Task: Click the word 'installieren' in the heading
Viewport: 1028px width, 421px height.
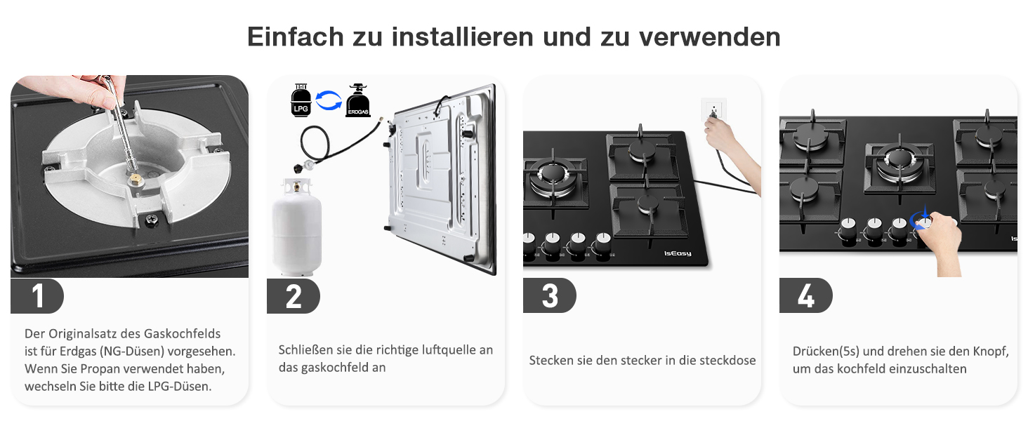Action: coord(462,36)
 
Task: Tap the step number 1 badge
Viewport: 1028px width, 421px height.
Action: coord(37,296)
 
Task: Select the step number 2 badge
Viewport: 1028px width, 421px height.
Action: coord(294,296)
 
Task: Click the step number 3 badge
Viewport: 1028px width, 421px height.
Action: coord(549,296)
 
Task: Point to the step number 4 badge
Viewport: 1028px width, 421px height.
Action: coord(806,296)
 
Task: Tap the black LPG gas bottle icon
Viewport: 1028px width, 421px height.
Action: coord(301,100)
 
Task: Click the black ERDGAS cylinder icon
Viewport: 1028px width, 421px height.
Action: coord(358,100)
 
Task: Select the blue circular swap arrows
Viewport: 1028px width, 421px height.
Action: coord(329,100)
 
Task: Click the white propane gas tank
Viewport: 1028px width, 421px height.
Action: coord(297,227)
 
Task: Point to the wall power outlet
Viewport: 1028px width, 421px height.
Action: coord(713,109)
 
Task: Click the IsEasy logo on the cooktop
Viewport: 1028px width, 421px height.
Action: coord(678,253)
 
